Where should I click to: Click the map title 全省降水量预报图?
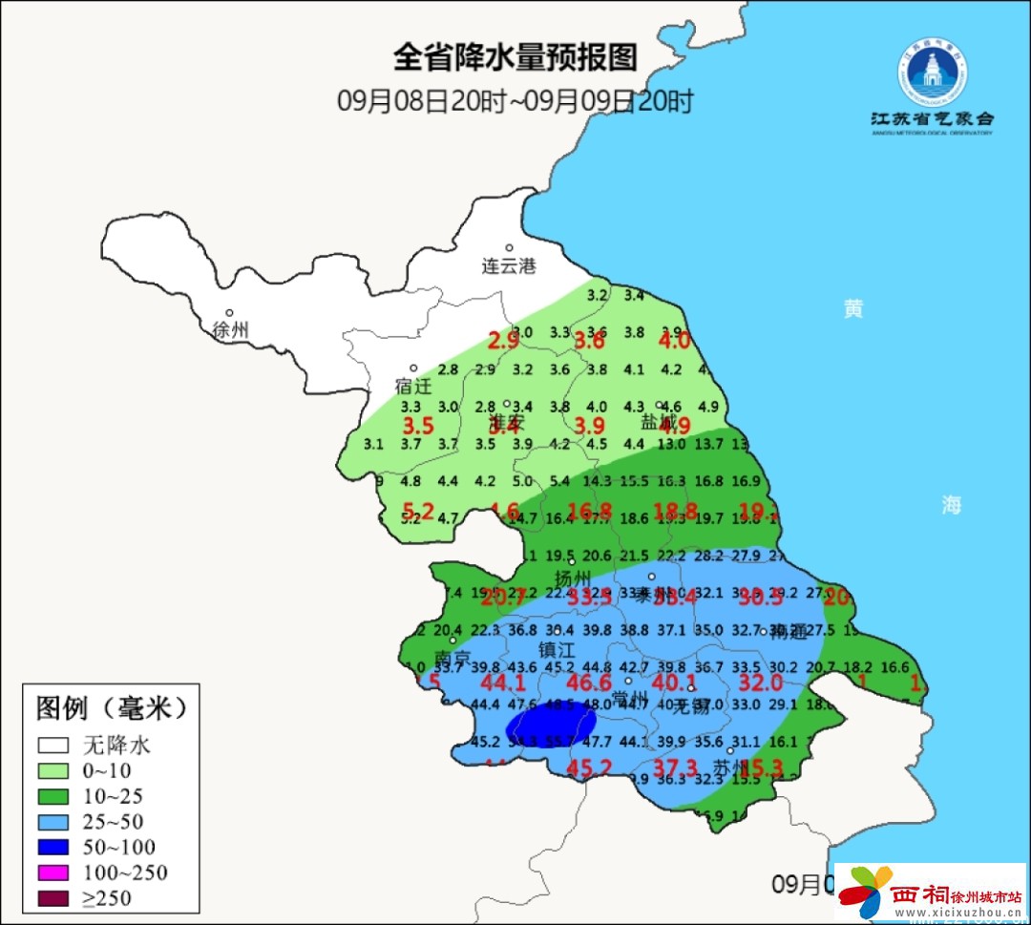click(x=515, y=57)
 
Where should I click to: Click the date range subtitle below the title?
click(x=515, y=101)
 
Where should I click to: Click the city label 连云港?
click(x=508, y=266)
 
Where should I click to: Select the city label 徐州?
click(x=230, y=330)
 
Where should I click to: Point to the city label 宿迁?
click(x=413, y=387)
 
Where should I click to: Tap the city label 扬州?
click(x=573, y=578)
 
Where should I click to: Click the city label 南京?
click(x=452, y=659)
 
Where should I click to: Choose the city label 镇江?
click(x=558, y=649)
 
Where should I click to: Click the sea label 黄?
click(x=852, y=308)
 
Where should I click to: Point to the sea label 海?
click(x=951, y=505)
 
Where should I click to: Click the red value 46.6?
click(x=589, y=683)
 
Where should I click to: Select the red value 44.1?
click(x=503, y=683)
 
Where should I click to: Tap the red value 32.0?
click(x=761, y=683)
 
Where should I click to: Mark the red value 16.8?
click(x=589, y=511)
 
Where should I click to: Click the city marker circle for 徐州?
click(x=229, y=312)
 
